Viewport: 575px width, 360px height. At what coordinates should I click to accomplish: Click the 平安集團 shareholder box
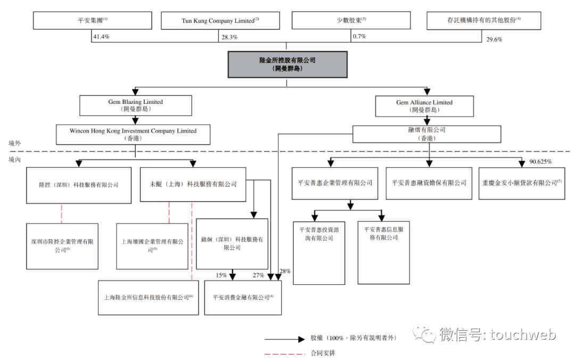[x=91, y=21]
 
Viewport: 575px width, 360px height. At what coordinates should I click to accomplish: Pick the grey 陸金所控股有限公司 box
[x=287, y=64]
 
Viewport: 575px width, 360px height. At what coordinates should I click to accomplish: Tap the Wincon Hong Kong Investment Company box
[x=133, y=134]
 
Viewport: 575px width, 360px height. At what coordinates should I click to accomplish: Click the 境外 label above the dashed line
[x=14, y=144]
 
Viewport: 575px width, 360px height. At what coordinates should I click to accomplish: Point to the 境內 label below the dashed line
[x=14, y=159]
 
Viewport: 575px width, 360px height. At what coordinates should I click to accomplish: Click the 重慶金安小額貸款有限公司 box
[x=521, y=183]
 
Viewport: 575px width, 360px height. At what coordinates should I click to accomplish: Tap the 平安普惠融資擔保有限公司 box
[x=429, y=183]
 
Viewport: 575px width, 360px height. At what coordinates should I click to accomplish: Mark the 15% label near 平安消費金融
[x=221, y=275]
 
